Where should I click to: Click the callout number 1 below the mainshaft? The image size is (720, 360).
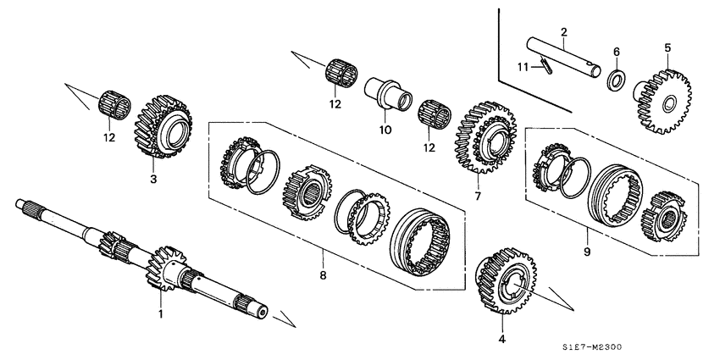[x=158, y=314]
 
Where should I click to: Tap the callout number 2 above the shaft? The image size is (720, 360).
[x=563, y=33]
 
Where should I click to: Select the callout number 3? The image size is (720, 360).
[x=152, y=180]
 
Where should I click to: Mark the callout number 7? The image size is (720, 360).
[x=478, y=197]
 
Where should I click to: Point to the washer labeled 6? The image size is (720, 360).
[x=617, y=82]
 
